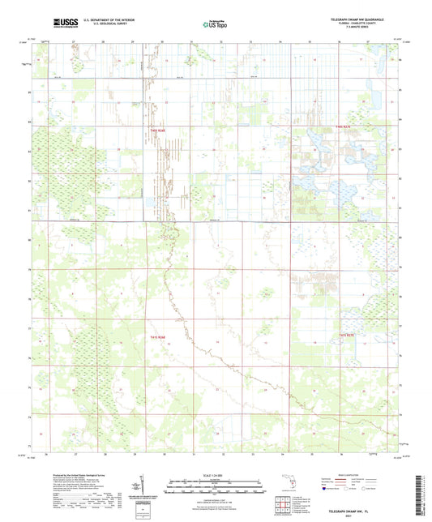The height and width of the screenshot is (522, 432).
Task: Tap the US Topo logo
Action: pos(216,24)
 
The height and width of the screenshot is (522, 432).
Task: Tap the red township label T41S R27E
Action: pos(347,335)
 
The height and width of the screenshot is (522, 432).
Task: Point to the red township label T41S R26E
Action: pos(157,336)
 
